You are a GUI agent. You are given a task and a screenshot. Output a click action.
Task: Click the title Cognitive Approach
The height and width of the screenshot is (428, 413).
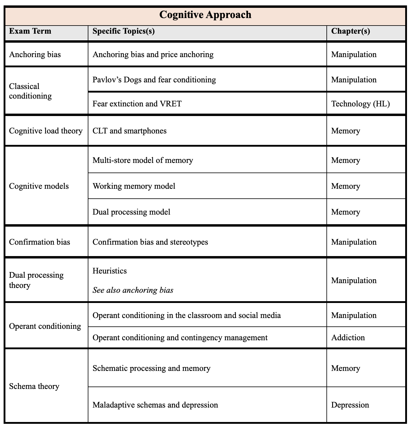[x=205, y=15]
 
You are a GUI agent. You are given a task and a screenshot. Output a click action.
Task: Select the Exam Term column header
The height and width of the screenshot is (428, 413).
[x=30, y=31]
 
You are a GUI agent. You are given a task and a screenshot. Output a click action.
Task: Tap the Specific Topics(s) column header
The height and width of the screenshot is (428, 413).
[x=124, y=31]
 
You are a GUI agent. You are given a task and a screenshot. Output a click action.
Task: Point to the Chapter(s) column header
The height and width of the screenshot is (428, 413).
[x=350, y=31]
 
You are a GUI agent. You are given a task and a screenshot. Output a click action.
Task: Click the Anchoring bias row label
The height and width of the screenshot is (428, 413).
[x=35, y=54]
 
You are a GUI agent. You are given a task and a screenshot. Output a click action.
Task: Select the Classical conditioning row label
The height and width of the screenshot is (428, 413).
[x=30, y=91]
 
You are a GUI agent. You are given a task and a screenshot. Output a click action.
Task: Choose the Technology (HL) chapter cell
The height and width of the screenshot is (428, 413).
[x=360, y=104]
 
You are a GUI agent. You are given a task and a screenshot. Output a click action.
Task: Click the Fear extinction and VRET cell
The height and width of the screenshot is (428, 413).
[x=137, y=104]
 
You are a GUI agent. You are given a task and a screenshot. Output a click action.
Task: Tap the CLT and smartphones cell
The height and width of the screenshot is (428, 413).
[x=130, y=131]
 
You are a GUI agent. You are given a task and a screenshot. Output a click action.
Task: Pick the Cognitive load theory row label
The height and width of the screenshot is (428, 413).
[x=46, y=131]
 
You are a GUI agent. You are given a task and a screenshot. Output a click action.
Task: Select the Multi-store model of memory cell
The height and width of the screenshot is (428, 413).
[x=143, y=160]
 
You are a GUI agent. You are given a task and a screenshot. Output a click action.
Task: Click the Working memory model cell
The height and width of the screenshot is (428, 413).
[x=134, y=186]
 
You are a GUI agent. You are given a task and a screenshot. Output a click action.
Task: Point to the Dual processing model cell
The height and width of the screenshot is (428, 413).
[x=131, y=212]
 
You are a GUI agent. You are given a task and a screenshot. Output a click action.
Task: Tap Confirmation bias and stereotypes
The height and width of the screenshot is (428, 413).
[x=150, y=242]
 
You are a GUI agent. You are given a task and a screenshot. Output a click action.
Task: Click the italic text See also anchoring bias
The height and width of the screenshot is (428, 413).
[x=133, y=290]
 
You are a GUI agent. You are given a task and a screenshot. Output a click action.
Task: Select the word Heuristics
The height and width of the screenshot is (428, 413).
[x=110, y=271]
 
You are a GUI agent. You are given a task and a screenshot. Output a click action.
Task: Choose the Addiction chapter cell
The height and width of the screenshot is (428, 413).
[x=348, y=338]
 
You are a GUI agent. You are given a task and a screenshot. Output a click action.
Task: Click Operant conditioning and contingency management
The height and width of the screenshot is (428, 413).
[x=180, y=338]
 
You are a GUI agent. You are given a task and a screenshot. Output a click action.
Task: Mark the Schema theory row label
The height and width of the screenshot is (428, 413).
[x=34, y=386]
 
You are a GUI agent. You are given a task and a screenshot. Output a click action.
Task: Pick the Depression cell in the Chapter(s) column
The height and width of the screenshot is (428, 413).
[x=350, y=405]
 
